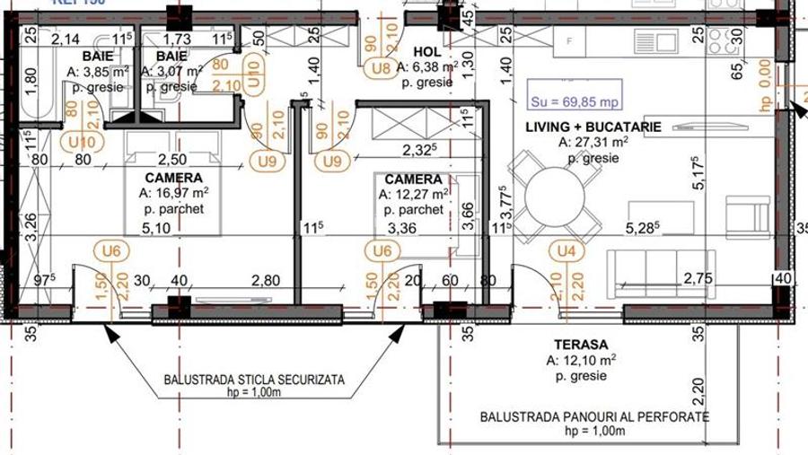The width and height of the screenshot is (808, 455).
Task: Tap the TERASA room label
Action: pos(580,344)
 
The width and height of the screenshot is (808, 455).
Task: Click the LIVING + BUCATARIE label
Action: pos(593,127)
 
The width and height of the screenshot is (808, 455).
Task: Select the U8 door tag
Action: pos(381,67)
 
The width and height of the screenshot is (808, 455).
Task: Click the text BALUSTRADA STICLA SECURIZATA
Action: pos(254,380)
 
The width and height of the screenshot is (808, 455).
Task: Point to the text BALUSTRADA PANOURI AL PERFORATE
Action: pos(594,417)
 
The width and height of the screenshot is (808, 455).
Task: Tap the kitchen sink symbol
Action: pos(667,40)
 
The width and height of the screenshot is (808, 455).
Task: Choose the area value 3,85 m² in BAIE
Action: pos(98,72)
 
